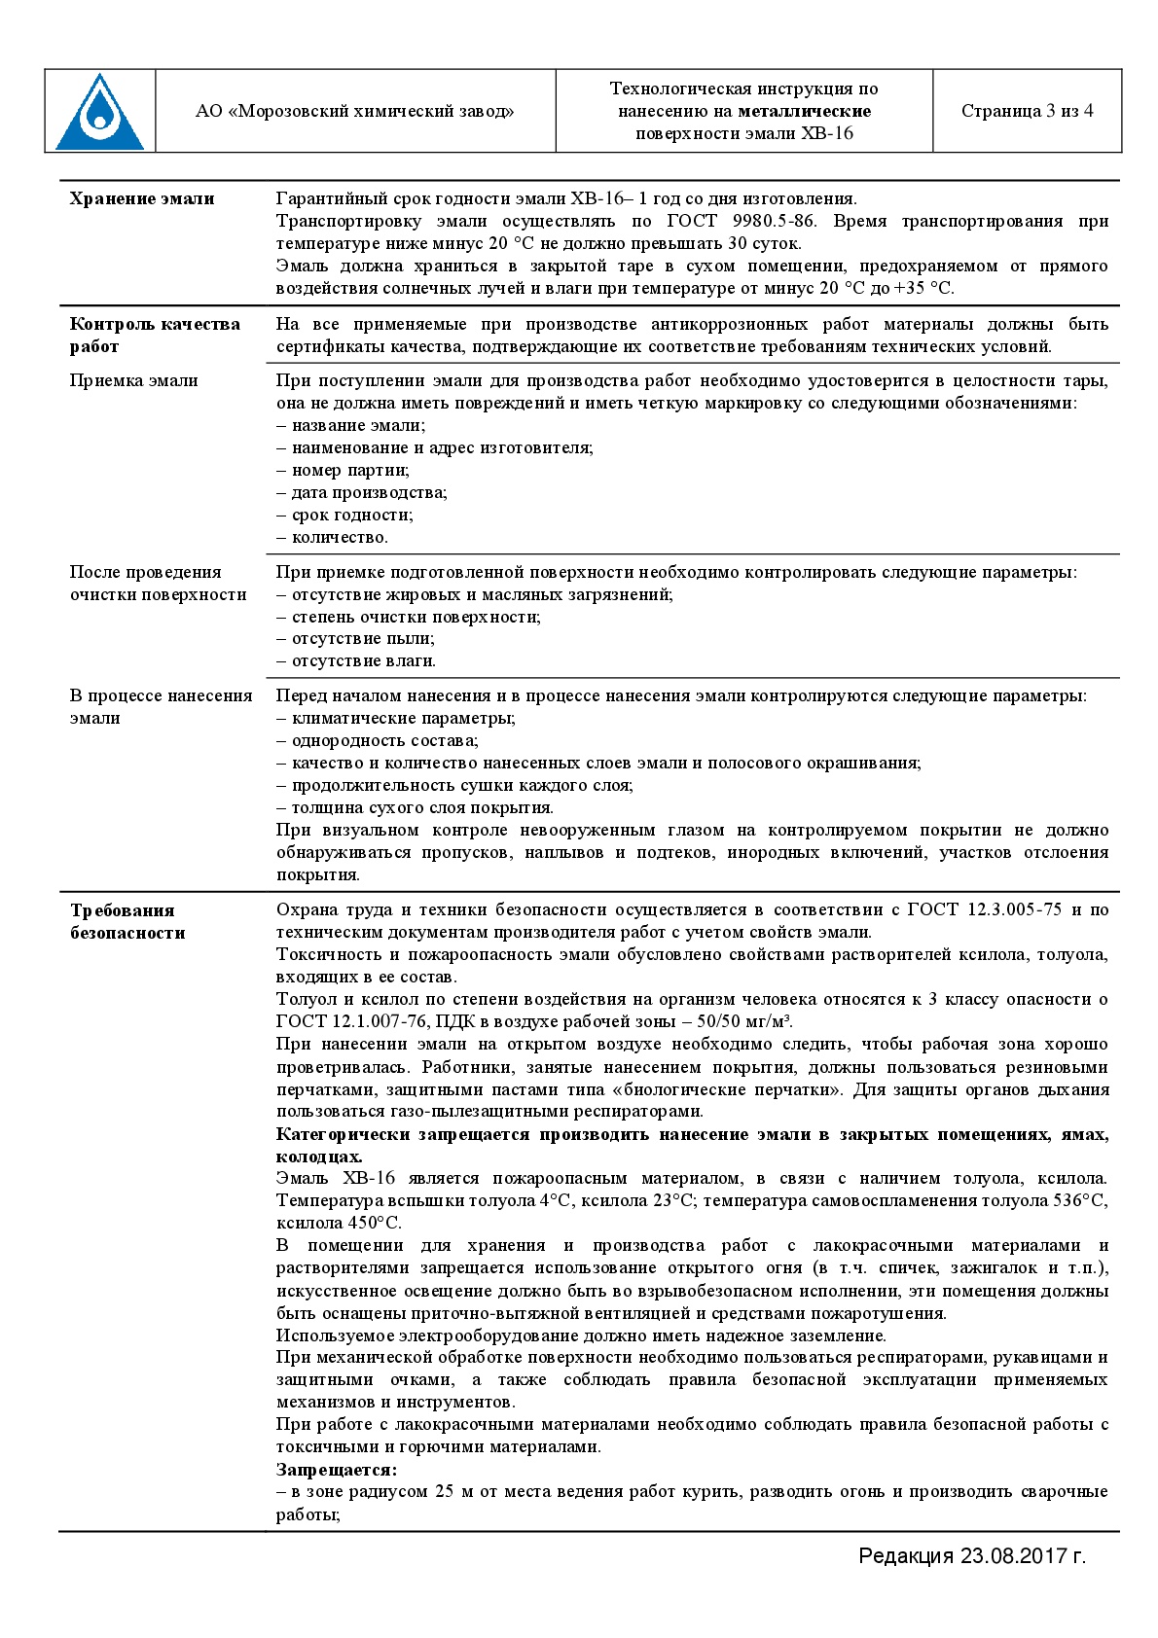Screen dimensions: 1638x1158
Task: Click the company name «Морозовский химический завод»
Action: pos(355,111)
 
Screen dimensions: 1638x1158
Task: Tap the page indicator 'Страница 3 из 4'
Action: pos(1027,111)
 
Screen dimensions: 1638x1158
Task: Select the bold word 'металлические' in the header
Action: pos(804,111)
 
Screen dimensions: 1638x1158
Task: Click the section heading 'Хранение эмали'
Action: pos(142,198)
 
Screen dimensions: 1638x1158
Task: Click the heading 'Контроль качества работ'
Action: pos(154,335)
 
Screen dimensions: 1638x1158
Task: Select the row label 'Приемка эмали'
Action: pos(133,380)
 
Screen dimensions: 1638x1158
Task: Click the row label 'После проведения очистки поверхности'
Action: pos(158,583)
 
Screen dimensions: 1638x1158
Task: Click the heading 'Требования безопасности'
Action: pos(127,921)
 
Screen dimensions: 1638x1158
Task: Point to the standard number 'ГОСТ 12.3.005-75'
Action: pos(984,909)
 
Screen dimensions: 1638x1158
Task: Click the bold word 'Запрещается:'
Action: pos(337,1470)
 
